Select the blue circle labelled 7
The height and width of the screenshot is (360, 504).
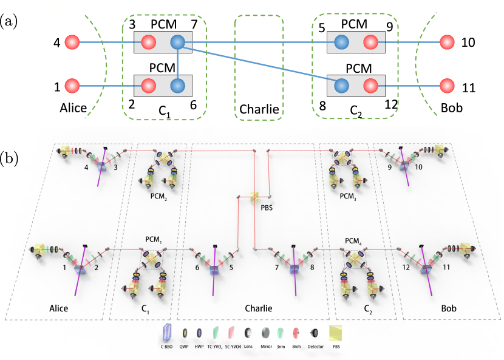tap(177, 42)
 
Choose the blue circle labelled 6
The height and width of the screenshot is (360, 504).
tap(177, 86)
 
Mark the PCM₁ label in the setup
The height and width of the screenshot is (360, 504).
tap(153, 240)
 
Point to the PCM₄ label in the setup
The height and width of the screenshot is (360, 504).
tap(354, 240)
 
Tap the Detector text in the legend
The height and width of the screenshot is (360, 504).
tap(315, 347)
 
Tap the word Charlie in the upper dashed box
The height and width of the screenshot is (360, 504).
tap(259, 109)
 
